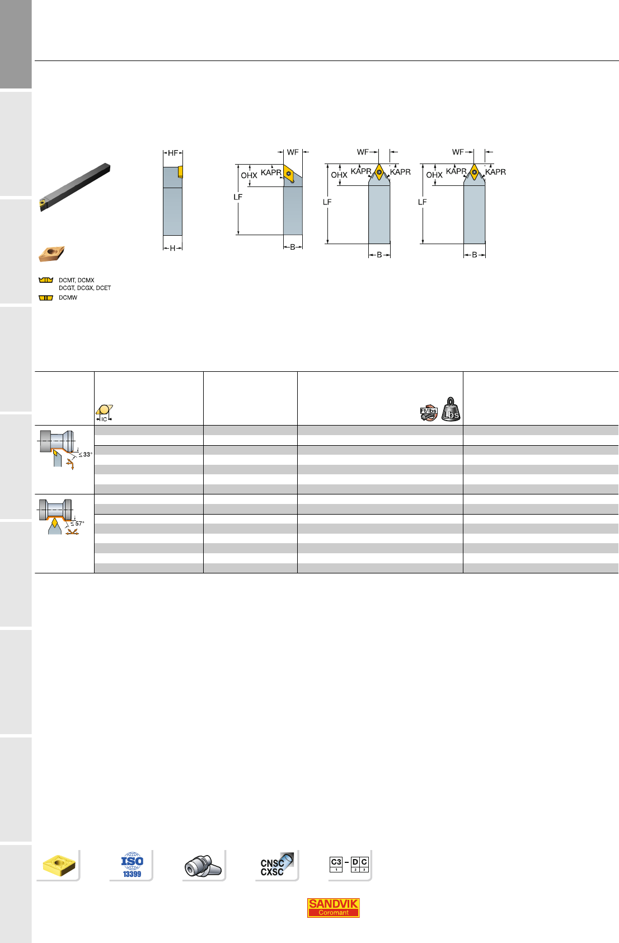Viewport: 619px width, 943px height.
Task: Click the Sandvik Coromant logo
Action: tap(333, 908)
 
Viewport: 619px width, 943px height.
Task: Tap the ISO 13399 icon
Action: tap(132, 865)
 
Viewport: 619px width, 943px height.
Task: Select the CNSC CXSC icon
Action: tap(276, 865)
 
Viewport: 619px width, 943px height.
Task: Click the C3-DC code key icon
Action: tap(349, 864)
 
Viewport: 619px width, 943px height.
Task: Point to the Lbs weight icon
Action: tap(451, 409)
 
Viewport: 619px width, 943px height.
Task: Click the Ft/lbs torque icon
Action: tap(429, 413)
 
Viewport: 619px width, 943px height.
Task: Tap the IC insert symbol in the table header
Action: tap(104, 413)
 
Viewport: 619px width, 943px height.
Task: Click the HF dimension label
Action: tap(173, 153)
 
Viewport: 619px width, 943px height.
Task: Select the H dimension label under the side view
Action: tap(172, 249)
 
